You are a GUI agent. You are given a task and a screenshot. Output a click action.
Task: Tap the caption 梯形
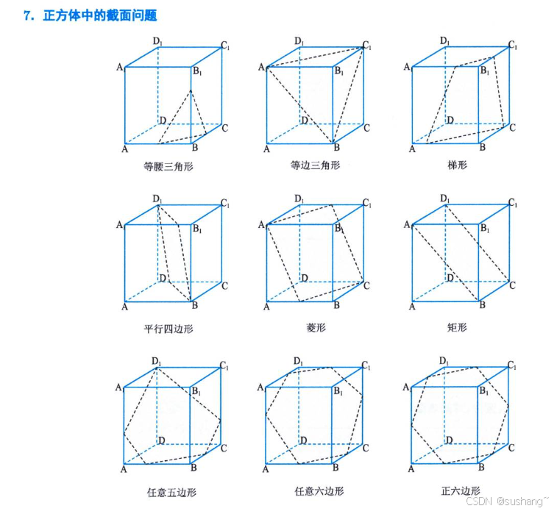[x=457, y=165]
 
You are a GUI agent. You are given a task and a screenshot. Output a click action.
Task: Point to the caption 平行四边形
[x=168, y=329]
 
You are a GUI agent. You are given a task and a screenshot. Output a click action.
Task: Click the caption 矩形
[x=457, y=328]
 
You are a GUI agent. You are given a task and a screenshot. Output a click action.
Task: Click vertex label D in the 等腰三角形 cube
[x=161, y=120]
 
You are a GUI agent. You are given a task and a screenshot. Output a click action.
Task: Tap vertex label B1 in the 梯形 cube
[x=485, y=71]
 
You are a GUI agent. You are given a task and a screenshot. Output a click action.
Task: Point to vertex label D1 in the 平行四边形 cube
[x=157, y=199]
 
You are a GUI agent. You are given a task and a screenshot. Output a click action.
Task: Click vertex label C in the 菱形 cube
[x=367, y=285]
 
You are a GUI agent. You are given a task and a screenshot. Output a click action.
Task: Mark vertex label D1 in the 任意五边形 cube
[x=157, y=361]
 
